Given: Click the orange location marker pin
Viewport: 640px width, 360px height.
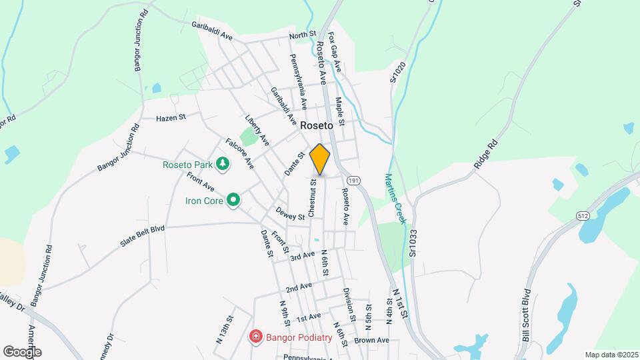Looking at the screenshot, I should pos(320,159).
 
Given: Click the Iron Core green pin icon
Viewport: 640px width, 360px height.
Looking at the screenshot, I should pos(233,199).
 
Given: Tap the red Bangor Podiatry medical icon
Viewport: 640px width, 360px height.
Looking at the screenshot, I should pos(255,337).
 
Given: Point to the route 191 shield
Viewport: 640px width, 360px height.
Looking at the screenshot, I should pos(353,180).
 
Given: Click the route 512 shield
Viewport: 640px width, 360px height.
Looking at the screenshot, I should pos(584,215).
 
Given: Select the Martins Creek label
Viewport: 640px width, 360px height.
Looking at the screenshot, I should pos(395,198).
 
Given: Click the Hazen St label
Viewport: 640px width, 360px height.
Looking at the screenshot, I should pos(170,117).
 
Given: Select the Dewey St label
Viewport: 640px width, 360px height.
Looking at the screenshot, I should pos(290,213).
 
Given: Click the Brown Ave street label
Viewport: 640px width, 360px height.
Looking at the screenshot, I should pos(371,340).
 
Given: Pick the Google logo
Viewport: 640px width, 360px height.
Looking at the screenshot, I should pos(22,351).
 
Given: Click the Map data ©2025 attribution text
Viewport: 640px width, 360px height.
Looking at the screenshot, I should pos(611,354).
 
